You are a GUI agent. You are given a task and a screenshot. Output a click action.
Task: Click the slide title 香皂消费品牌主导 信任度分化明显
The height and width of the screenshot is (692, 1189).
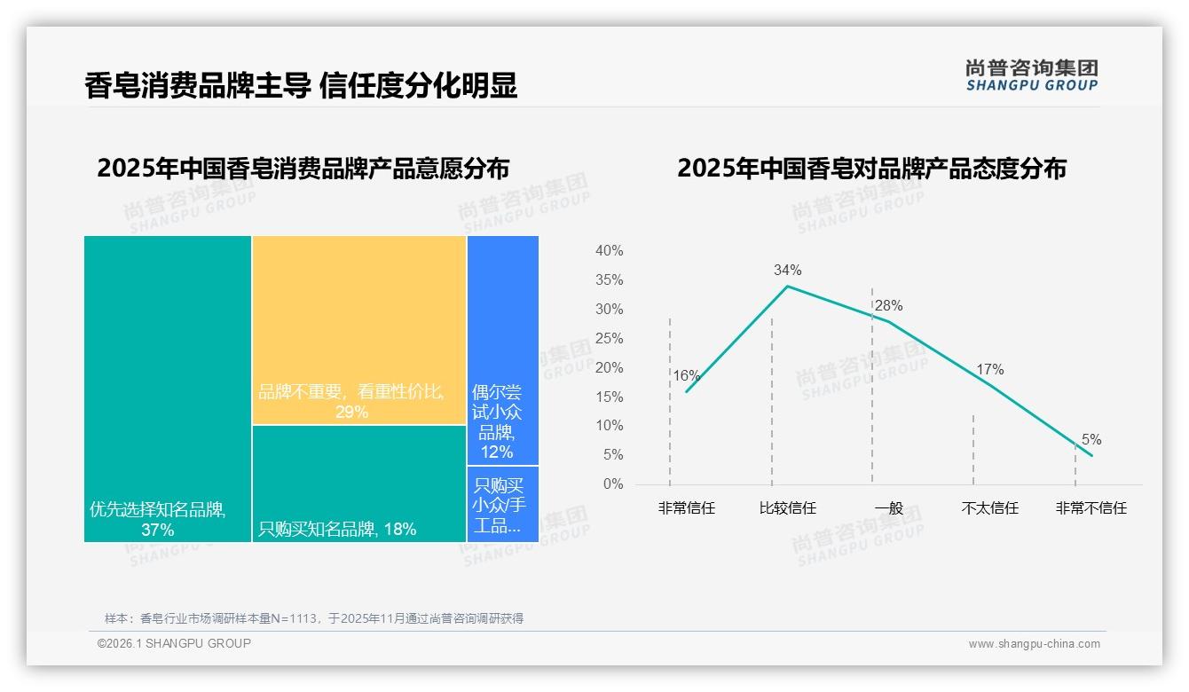pos(301,85)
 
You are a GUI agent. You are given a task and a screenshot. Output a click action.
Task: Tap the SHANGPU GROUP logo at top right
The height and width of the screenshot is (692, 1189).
pos(1031,75)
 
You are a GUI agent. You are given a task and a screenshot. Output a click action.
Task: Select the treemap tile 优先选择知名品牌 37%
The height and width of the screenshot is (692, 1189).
pos(168,389)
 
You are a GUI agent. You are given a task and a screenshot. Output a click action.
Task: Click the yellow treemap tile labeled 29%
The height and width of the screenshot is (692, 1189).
pos(358,330)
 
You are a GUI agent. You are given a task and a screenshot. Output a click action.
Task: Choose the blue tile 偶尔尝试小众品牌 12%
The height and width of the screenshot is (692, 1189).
pos(502,350)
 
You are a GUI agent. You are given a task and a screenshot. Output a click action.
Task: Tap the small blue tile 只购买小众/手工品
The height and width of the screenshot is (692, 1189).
pos(502,504)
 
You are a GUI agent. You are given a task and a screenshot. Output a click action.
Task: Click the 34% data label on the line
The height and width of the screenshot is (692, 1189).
pos(787,270)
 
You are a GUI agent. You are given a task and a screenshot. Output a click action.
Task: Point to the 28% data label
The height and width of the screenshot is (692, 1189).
pos(888,305)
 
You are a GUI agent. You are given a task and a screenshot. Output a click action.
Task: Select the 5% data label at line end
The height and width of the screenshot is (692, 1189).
pos(1091,440)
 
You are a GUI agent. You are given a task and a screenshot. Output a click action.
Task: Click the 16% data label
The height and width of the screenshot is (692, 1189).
pos(686,375)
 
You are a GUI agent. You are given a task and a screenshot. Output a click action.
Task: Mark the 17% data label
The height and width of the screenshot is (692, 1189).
pos(989,369)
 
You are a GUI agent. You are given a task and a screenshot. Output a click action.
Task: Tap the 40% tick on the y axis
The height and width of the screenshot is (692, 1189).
pos(609,251)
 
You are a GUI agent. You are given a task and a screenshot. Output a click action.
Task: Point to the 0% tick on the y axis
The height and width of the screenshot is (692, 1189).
pos(612,484)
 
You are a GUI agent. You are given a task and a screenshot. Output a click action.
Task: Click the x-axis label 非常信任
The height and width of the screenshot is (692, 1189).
pos(686,508)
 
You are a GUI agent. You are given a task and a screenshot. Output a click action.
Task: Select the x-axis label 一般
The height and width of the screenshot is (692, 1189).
pos(888,508)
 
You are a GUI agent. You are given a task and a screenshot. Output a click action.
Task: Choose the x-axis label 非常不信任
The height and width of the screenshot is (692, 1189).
pos(1091,508)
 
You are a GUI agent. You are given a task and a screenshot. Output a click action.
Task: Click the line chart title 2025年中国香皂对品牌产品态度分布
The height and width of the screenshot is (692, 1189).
pos(871,169)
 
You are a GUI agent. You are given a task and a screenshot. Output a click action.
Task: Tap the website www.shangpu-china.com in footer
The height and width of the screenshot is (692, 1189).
pos(1034,644)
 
